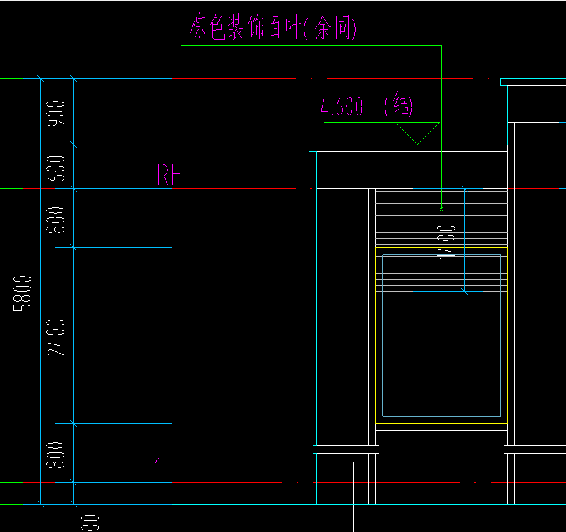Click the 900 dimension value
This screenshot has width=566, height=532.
click(x=57, y=113)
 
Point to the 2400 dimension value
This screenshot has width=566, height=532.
click(x=57, y=336)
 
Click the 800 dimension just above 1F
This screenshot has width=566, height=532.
click(x=57, y=455)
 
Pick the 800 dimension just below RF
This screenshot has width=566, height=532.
click(x=57, y=220)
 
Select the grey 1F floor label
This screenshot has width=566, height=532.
click(x=163, y=468)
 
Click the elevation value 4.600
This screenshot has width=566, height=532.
click(x=342, y=107)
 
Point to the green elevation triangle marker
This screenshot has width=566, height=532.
click(x=418, y=133)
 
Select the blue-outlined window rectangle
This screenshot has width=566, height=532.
click(x=441, y=335)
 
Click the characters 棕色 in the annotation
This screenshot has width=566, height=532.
click(x=207, y=29)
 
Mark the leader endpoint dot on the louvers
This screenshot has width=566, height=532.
click(x=441, y=209)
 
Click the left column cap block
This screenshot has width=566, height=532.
click(x=346, y=449)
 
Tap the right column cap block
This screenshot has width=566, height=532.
click(x=534, y=449)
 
